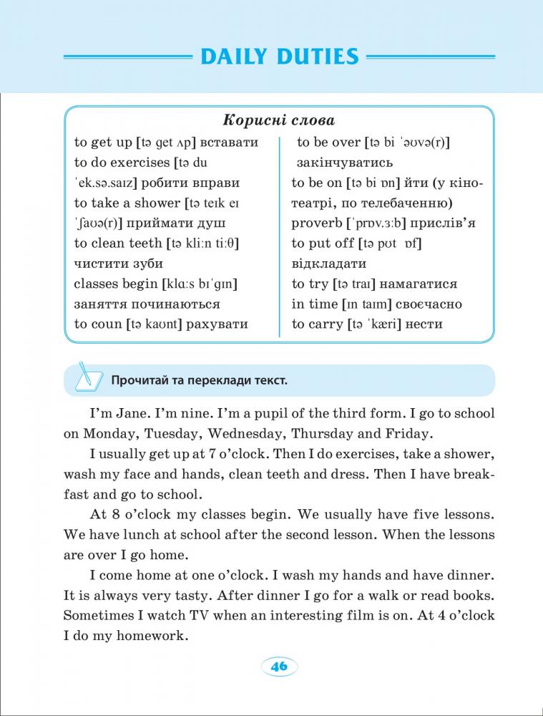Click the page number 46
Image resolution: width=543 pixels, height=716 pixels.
278,666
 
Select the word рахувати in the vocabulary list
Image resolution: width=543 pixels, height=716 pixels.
217,324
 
